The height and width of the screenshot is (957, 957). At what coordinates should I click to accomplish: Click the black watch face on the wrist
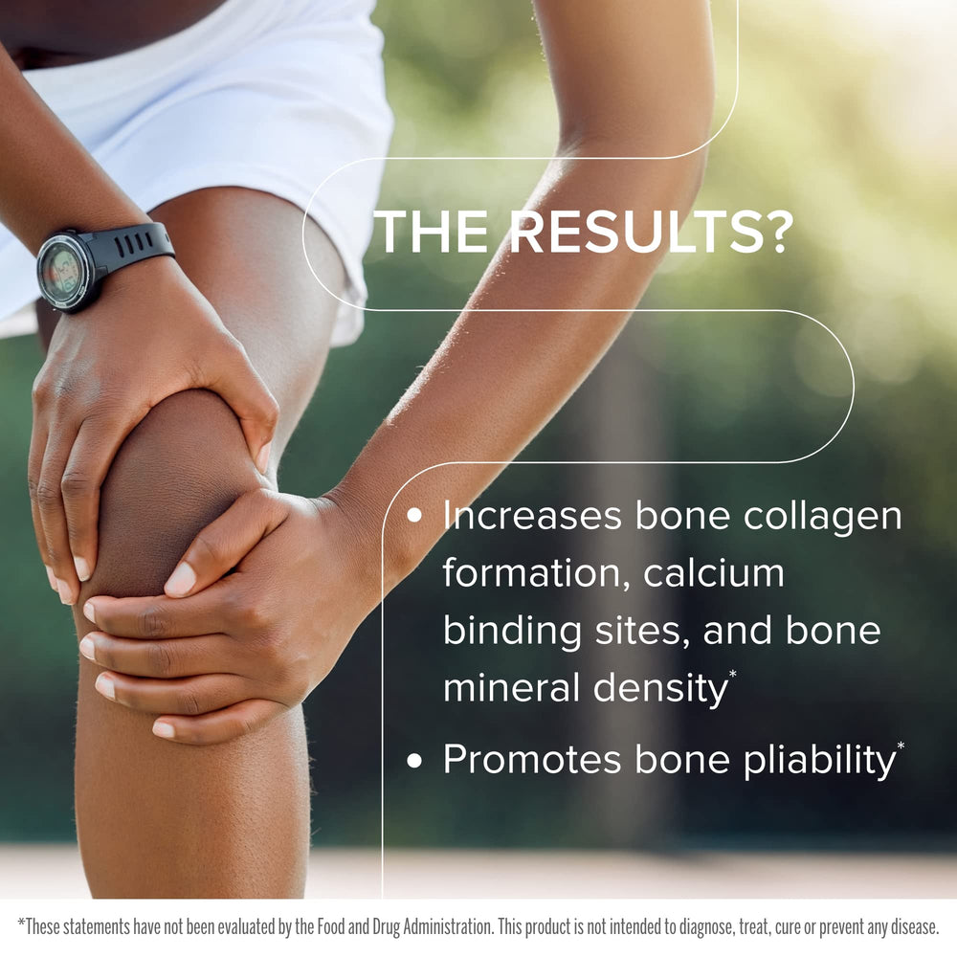63,270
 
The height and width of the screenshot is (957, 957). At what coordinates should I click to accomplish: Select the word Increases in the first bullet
531,517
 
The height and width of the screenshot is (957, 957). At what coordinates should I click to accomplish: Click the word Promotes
530,760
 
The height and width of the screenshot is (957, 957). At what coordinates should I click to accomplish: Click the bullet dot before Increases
414,516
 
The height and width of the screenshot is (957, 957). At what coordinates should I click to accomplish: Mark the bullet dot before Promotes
414,761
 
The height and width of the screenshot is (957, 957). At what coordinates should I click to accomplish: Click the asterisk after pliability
900,745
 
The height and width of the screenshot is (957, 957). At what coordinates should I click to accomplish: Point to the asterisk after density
733,675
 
